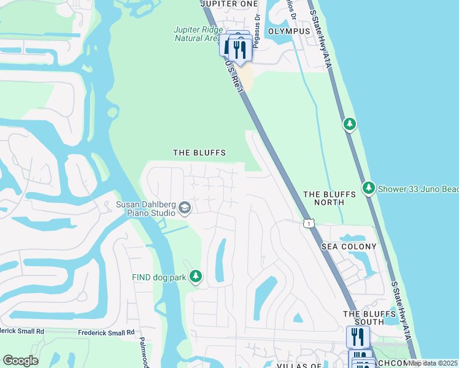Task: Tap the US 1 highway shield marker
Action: click(x=309, y=224)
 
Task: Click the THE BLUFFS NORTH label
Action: click(x=330, y=197)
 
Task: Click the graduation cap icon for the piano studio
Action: click(x=184, y=209)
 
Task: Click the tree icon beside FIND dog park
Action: click(x=196, y=277)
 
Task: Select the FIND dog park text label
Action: click(x=159, y=277)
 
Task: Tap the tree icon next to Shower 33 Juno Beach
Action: click(x=368, y=188)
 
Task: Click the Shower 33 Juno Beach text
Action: click(x=418, y=188)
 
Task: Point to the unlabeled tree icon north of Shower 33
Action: click(x=349, y=125)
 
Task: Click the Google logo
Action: click(x=20, y=361)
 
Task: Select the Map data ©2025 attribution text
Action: click(x=433, y=363)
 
